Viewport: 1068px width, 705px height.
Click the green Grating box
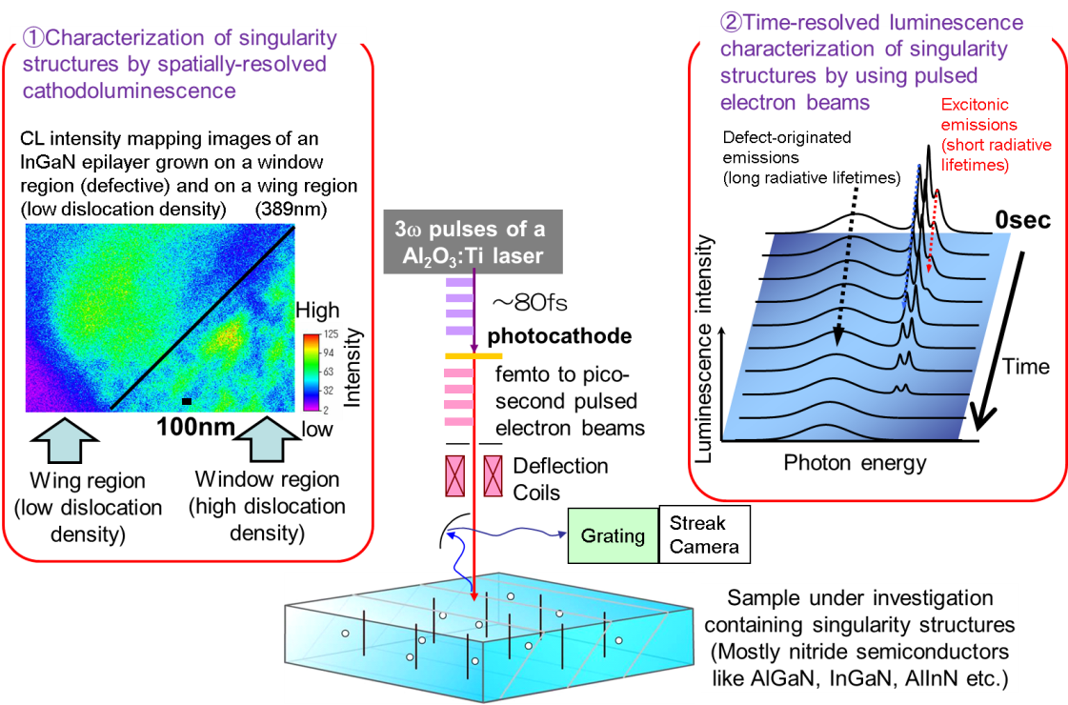point(614,535)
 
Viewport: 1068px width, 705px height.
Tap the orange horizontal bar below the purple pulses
point(474,356)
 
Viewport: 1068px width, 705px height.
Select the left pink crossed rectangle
point(453,474)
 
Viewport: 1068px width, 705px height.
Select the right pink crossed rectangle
point(493,474)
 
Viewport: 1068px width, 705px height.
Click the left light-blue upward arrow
point(65,442)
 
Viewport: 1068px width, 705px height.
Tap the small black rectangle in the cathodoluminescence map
point(187,401)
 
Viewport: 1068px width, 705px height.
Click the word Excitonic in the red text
point(974,106)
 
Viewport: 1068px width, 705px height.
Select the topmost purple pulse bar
point(459,283)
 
